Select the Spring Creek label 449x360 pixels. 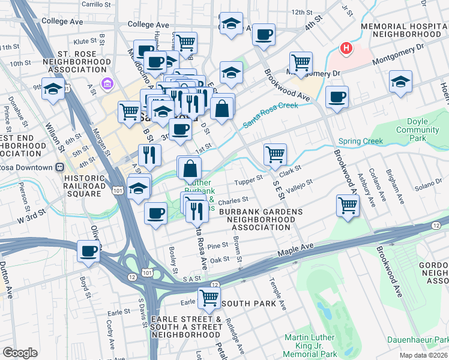(361, 142)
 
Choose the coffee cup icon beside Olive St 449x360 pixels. (89, 251)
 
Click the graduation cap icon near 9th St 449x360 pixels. (53, 89)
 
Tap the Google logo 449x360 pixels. (20, 353)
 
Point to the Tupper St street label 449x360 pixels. (252, 178)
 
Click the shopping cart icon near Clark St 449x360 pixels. (275, 154)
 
